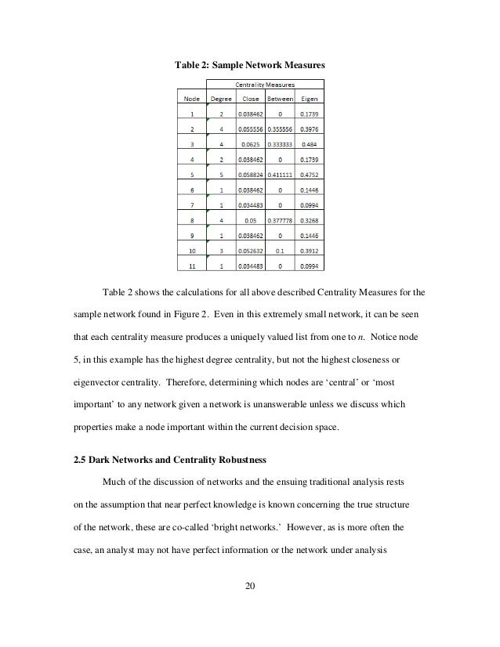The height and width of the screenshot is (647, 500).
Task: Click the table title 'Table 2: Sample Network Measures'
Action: point(249,63)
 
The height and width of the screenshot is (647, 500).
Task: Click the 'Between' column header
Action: point(281,99)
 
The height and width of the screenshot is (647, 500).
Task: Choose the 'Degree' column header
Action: point(221,99)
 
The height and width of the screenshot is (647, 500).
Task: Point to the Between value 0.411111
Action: point(281,175)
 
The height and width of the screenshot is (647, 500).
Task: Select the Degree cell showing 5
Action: point(221,175)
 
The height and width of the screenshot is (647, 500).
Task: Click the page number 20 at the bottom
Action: point(250,585)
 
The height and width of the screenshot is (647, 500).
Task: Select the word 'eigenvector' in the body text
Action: point(96,384)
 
